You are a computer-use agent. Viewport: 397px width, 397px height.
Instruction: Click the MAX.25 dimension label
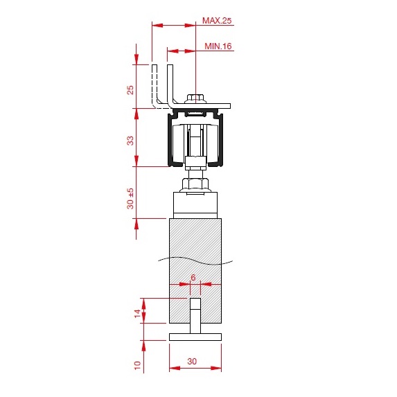click(x=217, y=21)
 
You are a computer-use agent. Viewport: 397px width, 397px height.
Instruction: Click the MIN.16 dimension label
click(x=218, y=46)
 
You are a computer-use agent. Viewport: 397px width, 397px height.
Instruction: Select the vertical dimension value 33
click(x=130, y=141)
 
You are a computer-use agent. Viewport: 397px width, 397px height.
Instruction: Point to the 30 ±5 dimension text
click(x=130, y=198)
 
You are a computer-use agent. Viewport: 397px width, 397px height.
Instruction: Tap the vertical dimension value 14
click(x=137, y=313)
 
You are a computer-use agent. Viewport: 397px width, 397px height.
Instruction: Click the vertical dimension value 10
click(x=137, y=365)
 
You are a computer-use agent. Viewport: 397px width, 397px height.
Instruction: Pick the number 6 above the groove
click(x=193, y=278)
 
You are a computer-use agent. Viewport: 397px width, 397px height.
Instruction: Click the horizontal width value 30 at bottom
click(x=192, y=361)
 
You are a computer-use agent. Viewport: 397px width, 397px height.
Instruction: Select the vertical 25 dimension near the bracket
click(x=130, y=90)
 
